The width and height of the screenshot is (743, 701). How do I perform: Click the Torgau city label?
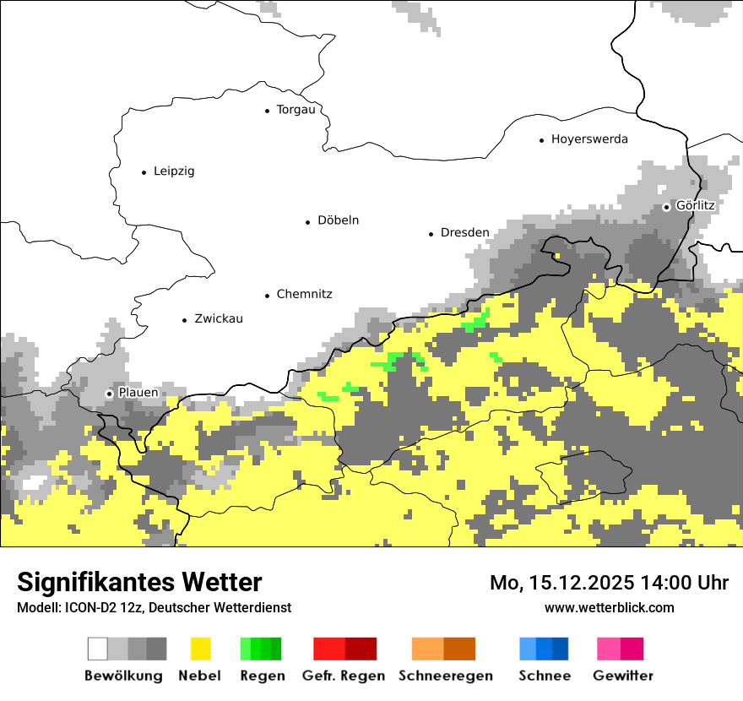(x=296, y=110)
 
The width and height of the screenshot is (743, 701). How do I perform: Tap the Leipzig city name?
(x=174, y=171)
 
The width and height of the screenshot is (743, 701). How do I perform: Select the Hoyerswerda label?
(x=589, y=139)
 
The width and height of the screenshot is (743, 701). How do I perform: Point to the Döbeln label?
(x=338, y=220)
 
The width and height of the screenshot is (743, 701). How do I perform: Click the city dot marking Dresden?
(x=431, y=233)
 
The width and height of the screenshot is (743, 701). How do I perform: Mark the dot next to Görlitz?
(x=666, y=206)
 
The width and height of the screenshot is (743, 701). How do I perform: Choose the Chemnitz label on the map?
(x=304, y=295)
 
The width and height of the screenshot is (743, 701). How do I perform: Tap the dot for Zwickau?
(x=184, y=319)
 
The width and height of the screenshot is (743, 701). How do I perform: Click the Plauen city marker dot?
(x=109, y=394)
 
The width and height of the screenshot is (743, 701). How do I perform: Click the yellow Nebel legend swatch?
(x=200, y=649)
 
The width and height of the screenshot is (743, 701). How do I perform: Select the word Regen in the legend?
(x=262, y=676)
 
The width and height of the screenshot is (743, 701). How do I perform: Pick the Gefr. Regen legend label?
(x=344, y=676)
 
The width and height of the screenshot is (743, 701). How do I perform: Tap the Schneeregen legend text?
(x=446, y=676)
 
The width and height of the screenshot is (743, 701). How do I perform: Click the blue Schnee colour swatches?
(x=544, y=649)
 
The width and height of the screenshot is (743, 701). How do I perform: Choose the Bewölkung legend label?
(x=123, y=676)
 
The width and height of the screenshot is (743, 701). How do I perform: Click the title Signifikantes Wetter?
(x=139, y=583)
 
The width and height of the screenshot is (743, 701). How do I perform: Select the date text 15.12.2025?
(x=582, y=583)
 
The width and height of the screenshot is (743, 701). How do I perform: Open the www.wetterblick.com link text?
(x=609, y=607)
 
